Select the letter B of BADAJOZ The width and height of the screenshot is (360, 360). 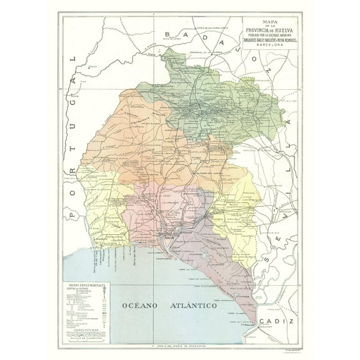click(167, 36)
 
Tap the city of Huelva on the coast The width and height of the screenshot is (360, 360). click(168, 236)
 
